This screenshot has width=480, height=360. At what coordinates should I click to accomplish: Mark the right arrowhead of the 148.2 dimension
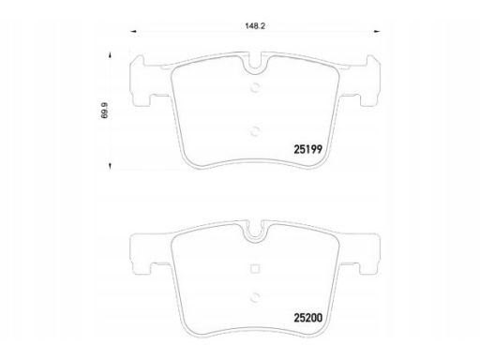pos(379,32)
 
